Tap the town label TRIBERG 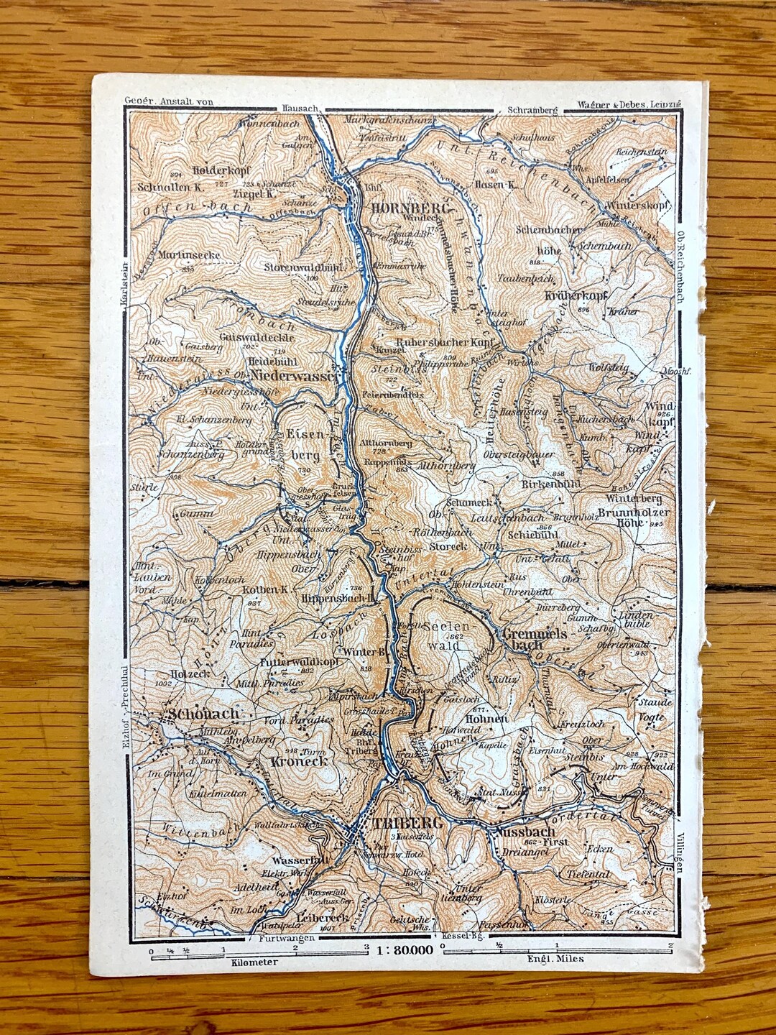click(x=403, y=824)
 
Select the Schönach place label click(x=203, y=714)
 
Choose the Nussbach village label click(x=525, y=832)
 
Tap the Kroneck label click(x=300, y=760)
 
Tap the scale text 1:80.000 click(x=404, y=949)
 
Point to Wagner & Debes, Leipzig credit click(x=629, y=105)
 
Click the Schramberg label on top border click(x=532, y=110)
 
